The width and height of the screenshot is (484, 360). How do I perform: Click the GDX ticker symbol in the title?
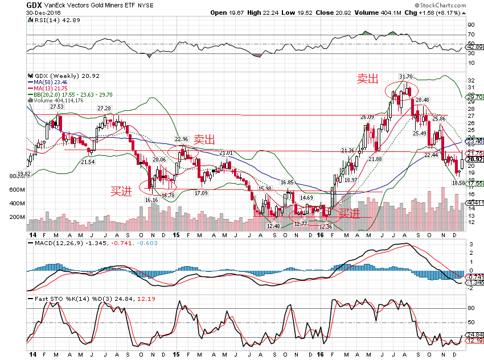pyautogui.click(x=34, y=5)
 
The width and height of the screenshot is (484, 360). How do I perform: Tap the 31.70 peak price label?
pyautogui.click(x=405, y=76)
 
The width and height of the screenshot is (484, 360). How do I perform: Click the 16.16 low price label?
pyautogui.click(x=151, y=200)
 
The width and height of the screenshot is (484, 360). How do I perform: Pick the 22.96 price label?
pyautogui.click(x=181, y=139)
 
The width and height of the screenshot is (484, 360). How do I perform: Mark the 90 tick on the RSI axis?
pyautogui.click(x=471, y=25)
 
